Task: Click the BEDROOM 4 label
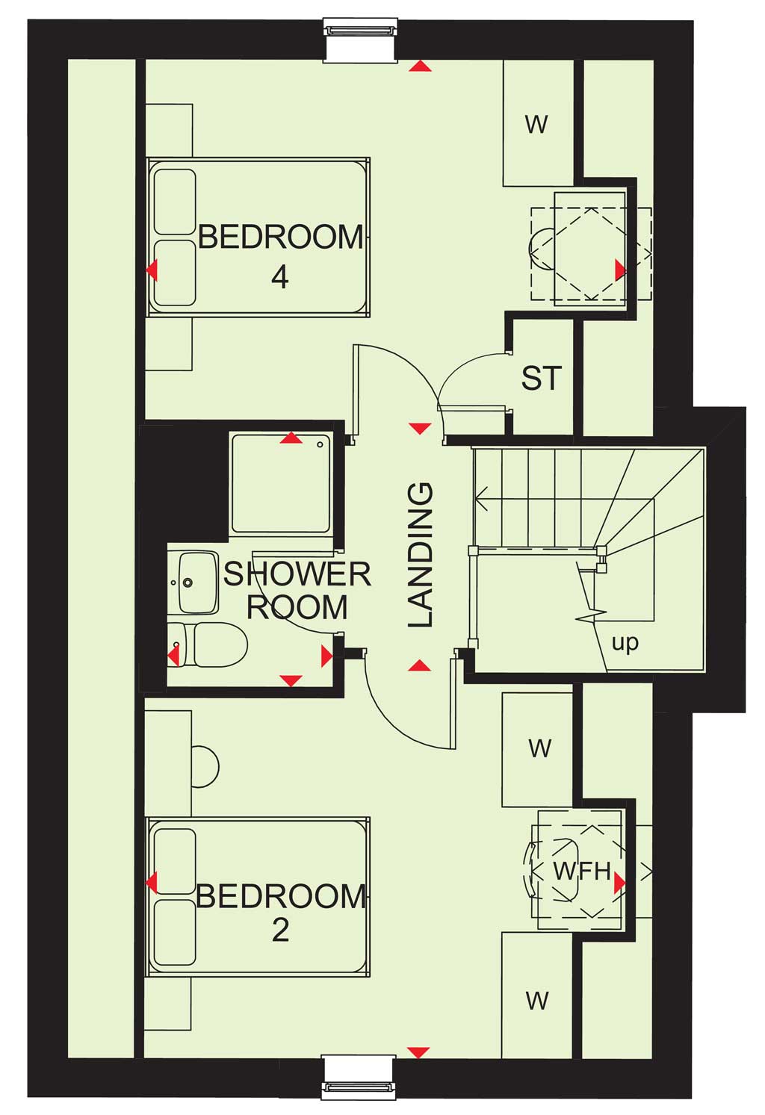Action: [281, 256]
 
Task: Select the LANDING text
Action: [421, 555]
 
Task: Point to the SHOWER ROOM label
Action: [297, 591]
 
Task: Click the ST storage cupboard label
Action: [542, 378]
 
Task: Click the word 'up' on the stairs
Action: [625, 644]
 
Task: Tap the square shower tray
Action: [282, 483]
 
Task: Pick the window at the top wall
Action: [361, 40]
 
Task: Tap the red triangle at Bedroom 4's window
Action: [420, 66]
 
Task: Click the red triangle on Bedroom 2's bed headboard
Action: [152, 883]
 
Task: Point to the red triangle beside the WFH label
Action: [620, 882]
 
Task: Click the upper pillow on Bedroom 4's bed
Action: [174, 202]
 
